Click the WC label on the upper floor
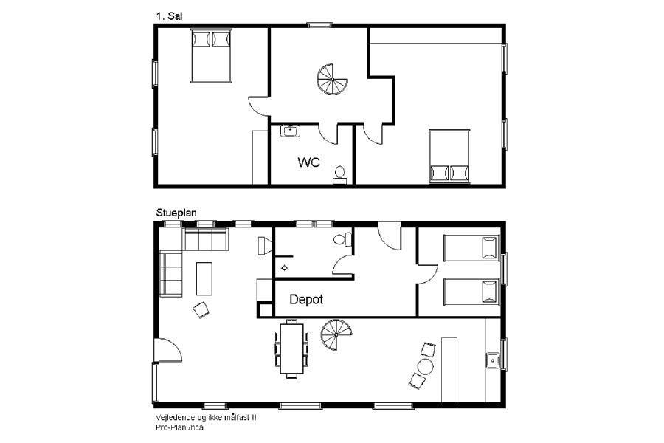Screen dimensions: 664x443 pyautogui.click(x=308, y=162)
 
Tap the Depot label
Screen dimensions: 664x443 pyautogui.click(x=306, y=299)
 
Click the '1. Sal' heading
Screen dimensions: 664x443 pyautogui.click(x=169, y=16)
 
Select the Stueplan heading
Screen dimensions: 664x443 pyautogui.click(x=176, y=213)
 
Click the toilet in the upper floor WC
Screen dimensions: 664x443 pyautogui.click(x=339, y=175)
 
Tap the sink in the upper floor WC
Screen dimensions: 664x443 pyautogui.click(x=290, y=131)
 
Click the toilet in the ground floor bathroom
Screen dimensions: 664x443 pyautogui.click(x=342, y=239)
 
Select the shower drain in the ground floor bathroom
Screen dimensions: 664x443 pyautogui.click(x=284, y=268)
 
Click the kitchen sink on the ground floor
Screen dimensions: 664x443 pyautogui.click(x=493, y=361)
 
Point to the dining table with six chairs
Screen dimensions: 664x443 pyautogui.click(x=291, y=348)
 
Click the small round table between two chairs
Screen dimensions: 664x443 pyautogui.click(x=425, y=366)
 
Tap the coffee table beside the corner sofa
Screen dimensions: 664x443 pyautogui.click(x=204, y=278)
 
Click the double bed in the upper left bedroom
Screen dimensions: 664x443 pyautogui.click(x=211, y=55)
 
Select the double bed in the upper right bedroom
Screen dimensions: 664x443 pyautogui.click(x=449, y=157)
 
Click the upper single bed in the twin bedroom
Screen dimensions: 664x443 pyautogui.click(x=471, y=248)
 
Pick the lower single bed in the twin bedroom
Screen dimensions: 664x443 pyautogui.click(x=471, y=292)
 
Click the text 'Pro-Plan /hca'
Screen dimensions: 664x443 pyautogui.click(x=179, y=427)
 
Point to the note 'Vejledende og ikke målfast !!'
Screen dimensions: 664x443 pyautogui.click(x=206, y=418)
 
